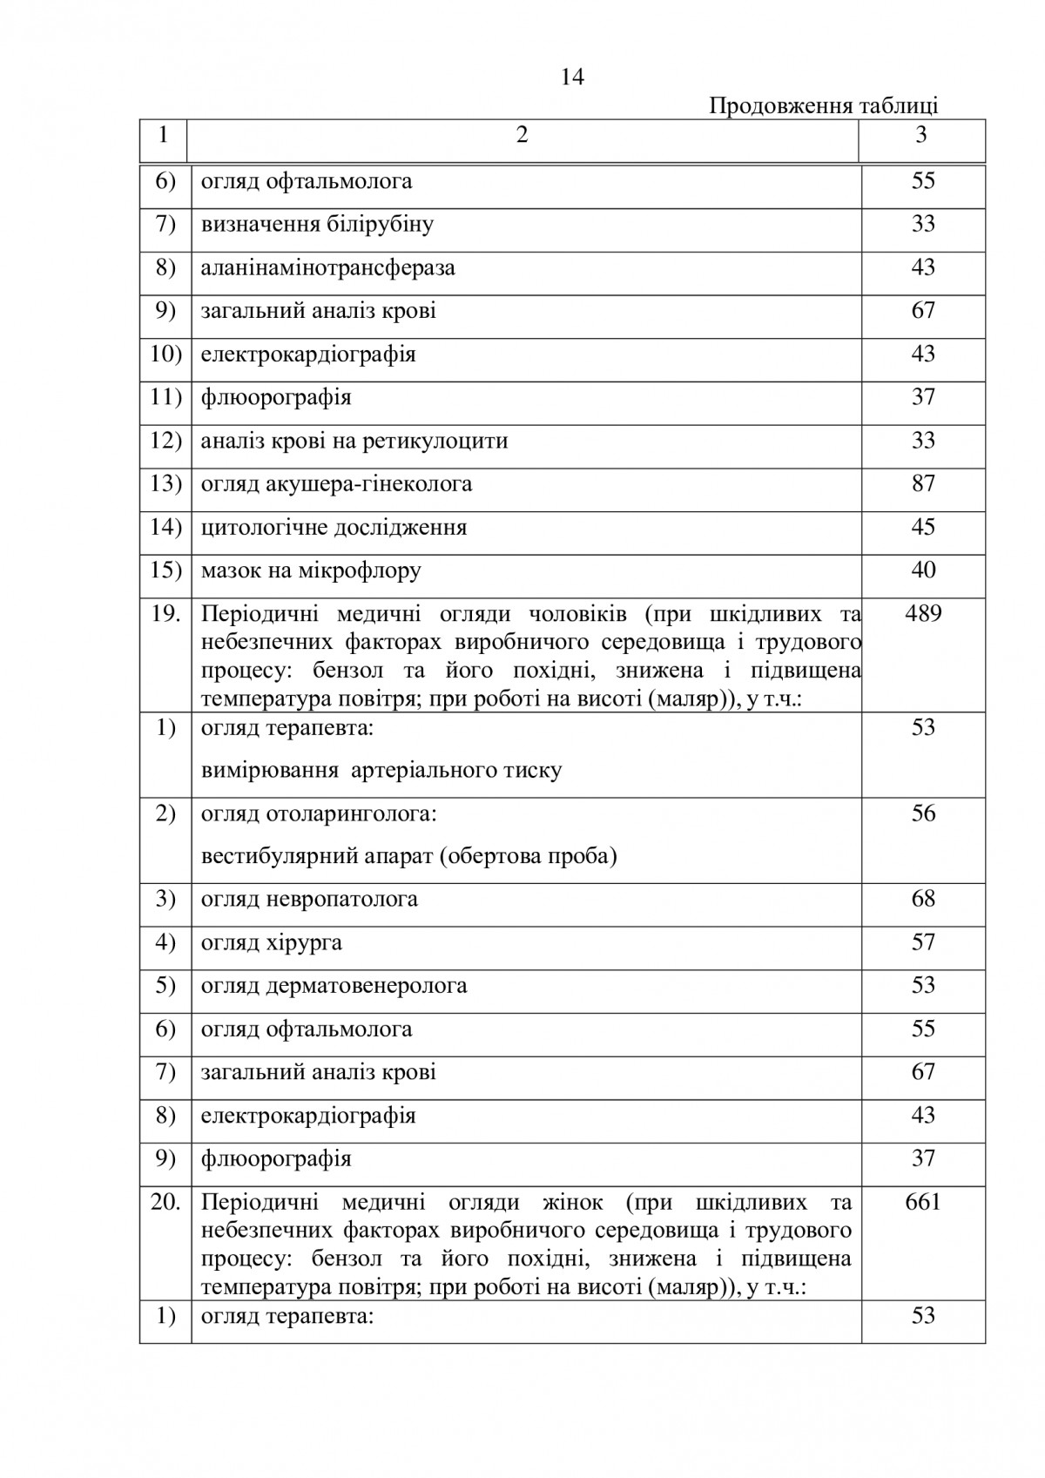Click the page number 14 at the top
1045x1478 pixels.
point(572,78)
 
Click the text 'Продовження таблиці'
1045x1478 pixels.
point(823,106)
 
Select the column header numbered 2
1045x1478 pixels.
point(522,135)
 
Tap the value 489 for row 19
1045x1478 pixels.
point(923,613)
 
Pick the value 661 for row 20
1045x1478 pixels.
point(923,1202)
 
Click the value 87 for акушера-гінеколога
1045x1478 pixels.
point(923,483)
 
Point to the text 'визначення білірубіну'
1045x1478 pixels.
point(317,225)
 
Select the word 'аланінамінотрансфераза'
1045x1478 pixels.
point(327,267)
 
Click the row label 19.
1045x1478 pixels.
point(165,613)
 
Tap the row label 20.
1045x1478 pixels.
point(165,1202)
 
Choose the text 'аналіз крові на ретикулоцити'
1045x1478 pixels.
point(354,441)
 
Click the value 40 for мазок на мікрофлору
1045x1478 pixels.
point(923,570)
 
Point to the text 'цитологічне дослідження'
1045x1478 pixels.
point(334,527)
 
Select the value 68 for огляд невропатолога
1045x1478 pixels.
point(923,898)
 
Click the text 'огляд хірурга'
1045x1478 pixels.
point(271,942)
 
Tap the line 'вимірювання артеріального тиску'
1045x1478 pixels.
point(381,771)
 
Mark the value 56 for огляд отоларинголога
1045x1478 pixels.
point(923,813)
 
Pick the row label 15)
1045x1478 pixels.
point(165,570)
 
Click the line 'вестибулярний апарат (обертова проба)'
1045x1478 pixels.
point(408,856)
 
